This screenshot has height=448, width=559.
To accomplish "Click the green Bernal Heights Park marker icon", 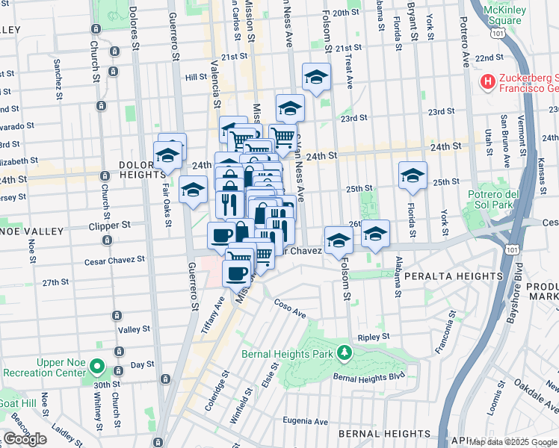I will pos(343,351).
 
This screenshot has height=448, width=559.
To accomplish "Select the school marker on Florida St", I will pos(412,176).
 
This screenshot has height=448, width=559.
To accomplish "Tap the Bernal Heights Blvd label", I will pos(368,377).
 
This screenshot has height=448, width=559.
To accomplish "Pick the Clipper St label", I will pos(110,224).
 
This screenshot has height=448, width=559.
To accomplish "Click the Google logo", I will pos(25,439).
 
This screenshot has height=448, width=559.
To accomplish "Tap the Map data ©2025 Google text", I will pos(513,442).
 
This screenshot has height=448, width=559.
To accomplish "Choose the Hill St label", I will pos(196,77).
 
